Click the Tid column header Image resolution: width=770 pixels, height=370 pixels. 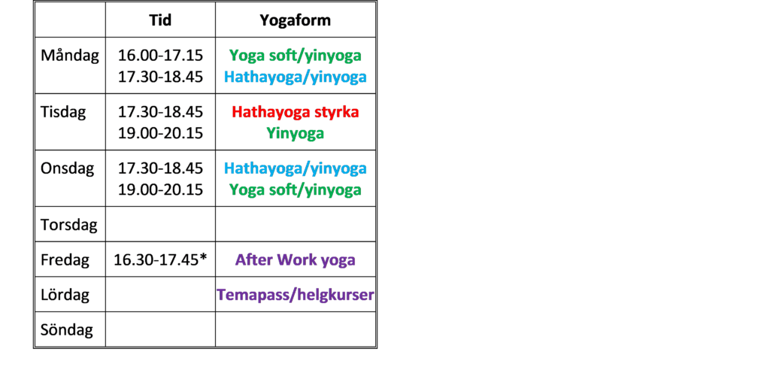coord(160,20)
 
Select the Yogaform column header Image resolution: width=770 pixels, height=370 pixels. coord(295,20)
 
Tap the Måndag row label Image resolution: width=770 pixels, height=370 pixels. coord(70,56)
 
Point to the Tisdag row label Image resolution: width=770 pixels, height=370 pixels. coord(63,112)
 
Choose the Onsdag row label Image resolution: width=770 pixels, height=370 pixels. coord(67,168)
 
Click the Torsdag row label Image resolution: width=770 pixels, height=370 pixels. coord(69,225)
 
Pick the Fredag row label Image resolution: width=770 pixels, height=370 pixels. coord(65,260)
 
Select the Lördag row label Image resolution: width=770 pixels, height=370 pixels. coord(65,295)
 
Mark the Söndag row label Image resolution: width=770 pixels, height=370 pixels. coord(67,329)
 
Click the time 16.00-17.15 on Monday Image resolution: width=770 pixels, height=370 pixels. coord(160,56)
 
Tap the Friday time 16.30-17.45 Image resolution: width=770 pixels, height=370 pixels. coord(156,260)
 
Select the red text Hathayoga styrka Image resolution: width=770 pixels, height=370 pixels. coord(295,112)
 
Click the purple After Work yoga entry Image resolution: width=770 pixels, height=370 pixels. coord(295,260)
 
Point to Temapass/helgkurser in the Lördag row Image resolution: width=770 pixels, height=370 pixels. coord(295,295)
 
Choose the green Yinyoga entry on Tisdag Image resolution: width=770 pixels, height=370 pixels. coord(295,133)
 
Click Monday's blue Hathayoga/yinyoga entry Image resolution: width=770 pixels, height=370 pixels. coord(295,77)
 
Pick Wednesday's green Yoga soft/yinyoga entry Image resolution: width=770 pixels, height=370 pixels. coord(295,190)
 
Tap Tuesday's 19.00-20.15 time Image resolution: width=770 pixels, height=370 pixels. coord(160,133)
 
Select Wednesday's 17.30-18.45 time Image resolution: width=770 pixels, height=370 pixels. coord(160,168)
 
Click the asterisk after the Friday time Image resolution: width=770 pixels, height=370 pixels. coord(202,257)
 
